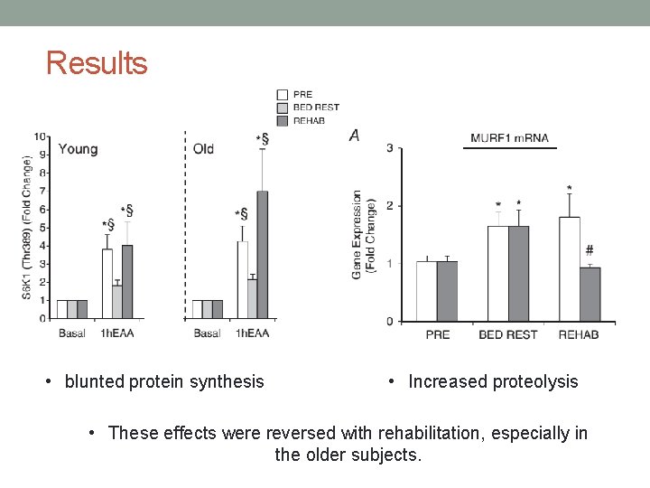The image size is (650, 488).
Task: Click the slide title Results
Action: coord(97,63)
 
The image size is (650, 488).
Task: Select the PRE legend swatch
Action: coord(283,94)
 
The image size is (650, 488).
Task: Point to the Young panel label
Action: coord(78,148)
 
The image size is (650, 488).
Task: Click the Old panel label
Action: coord(204,148)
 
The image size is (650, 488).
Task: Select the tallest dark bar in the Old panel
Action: coord(262,255)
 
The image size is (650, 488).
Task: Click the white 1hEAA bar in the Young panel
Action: coord(107,284)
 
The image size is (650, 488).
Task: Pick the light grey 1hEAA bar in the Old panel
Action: coord(252,298)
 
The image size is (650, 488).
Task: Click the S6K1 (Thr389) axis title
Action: coord(27,228)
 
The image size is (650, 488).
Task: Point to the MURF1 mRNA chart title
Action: coord(506,138)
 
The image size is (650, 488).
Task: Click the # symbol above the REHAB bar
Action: coord(589,250)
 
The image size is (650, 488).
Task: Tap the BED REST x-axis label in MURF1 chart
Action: coord(507,334)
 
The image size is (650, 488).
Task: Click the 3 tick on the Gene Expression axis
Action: coord(388,148)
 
